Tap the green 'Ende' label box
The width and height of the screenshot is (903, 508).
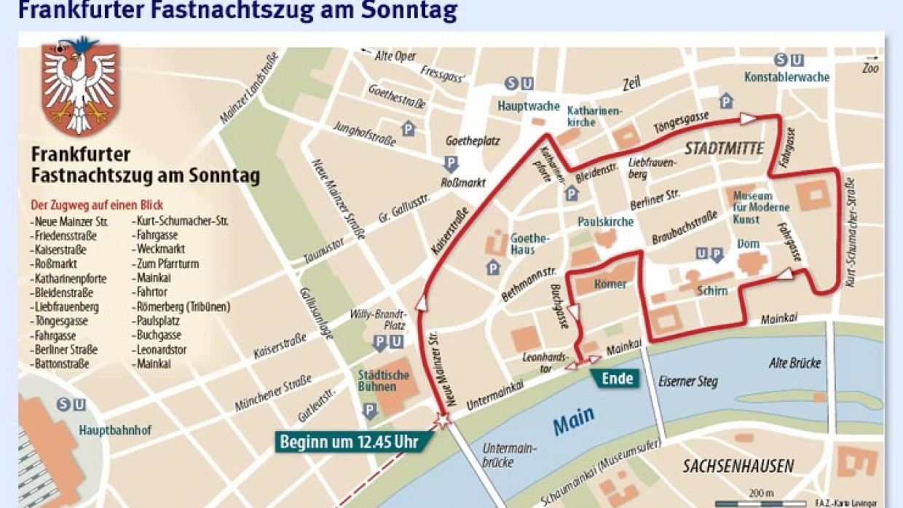(616, 378)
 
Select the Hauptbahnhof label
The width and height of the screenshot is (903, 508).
(115, 430)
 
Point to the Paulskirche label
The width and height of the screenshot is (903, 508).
(605, 221)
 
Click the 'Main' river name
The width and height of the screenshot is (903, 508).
(573, 420)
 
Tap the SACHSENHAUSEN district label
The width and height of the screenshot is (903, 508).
(738, 466)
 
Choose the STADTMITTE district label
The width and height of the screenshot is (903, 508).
(724, 149)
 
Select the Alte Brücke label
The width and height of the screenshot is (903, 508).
(794, 363)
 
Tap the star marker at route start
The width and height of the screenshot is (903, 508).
(441, 419)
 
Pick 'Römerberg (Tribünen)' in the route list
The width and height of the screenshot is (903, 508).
(182, 307)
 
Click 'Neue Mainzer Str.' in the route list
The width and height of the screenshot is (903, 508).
(66, 222)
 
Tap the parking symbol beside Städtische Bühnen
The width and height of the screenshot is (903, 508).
(369, 410)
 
